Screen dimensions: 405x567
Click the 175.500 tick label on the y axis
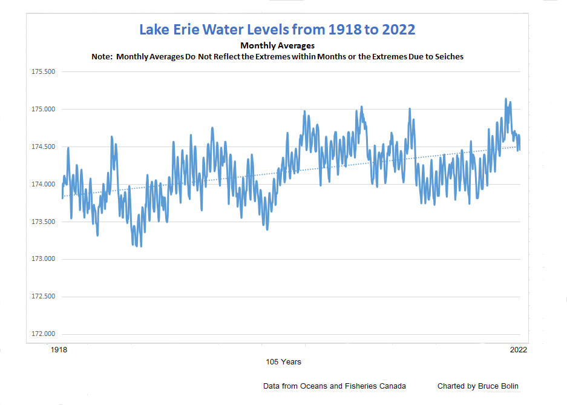click(x=42, y=72)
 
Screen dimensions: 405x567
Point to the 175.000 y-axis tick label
click(x=42, y=110)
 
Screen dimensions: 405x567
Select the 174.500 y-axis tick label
click(x=42, y=147)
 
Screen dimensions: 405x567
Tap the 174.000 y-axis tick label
click(x=42, y=185)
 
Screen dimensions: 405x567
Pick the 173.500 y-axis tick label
click(x=42, y=222)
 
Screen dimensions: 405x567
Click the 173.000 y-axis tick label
click(x=42, y=259)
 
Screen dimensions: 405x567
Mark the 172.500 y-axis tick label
click(x=42, y=297)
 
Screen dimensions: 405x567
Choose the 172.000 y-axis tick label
click(x=42, y=334)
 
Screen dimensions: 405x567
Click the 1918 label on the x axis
click(x=58, y=350)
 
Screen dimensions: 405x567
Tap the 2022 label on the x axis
click(x=519, y=350)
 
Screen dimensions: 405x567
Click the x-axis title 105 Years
click(x=283, y=362)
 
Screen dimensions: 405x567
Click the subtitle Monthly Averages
click(x=277, y=45)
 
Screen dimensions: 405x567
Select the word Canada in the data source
click(x=392, y=386)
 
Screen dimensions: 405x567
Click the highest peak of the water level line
click(x=506, y=99)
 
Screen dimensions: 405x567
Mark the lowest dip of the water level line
click(x=141, y=246)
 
